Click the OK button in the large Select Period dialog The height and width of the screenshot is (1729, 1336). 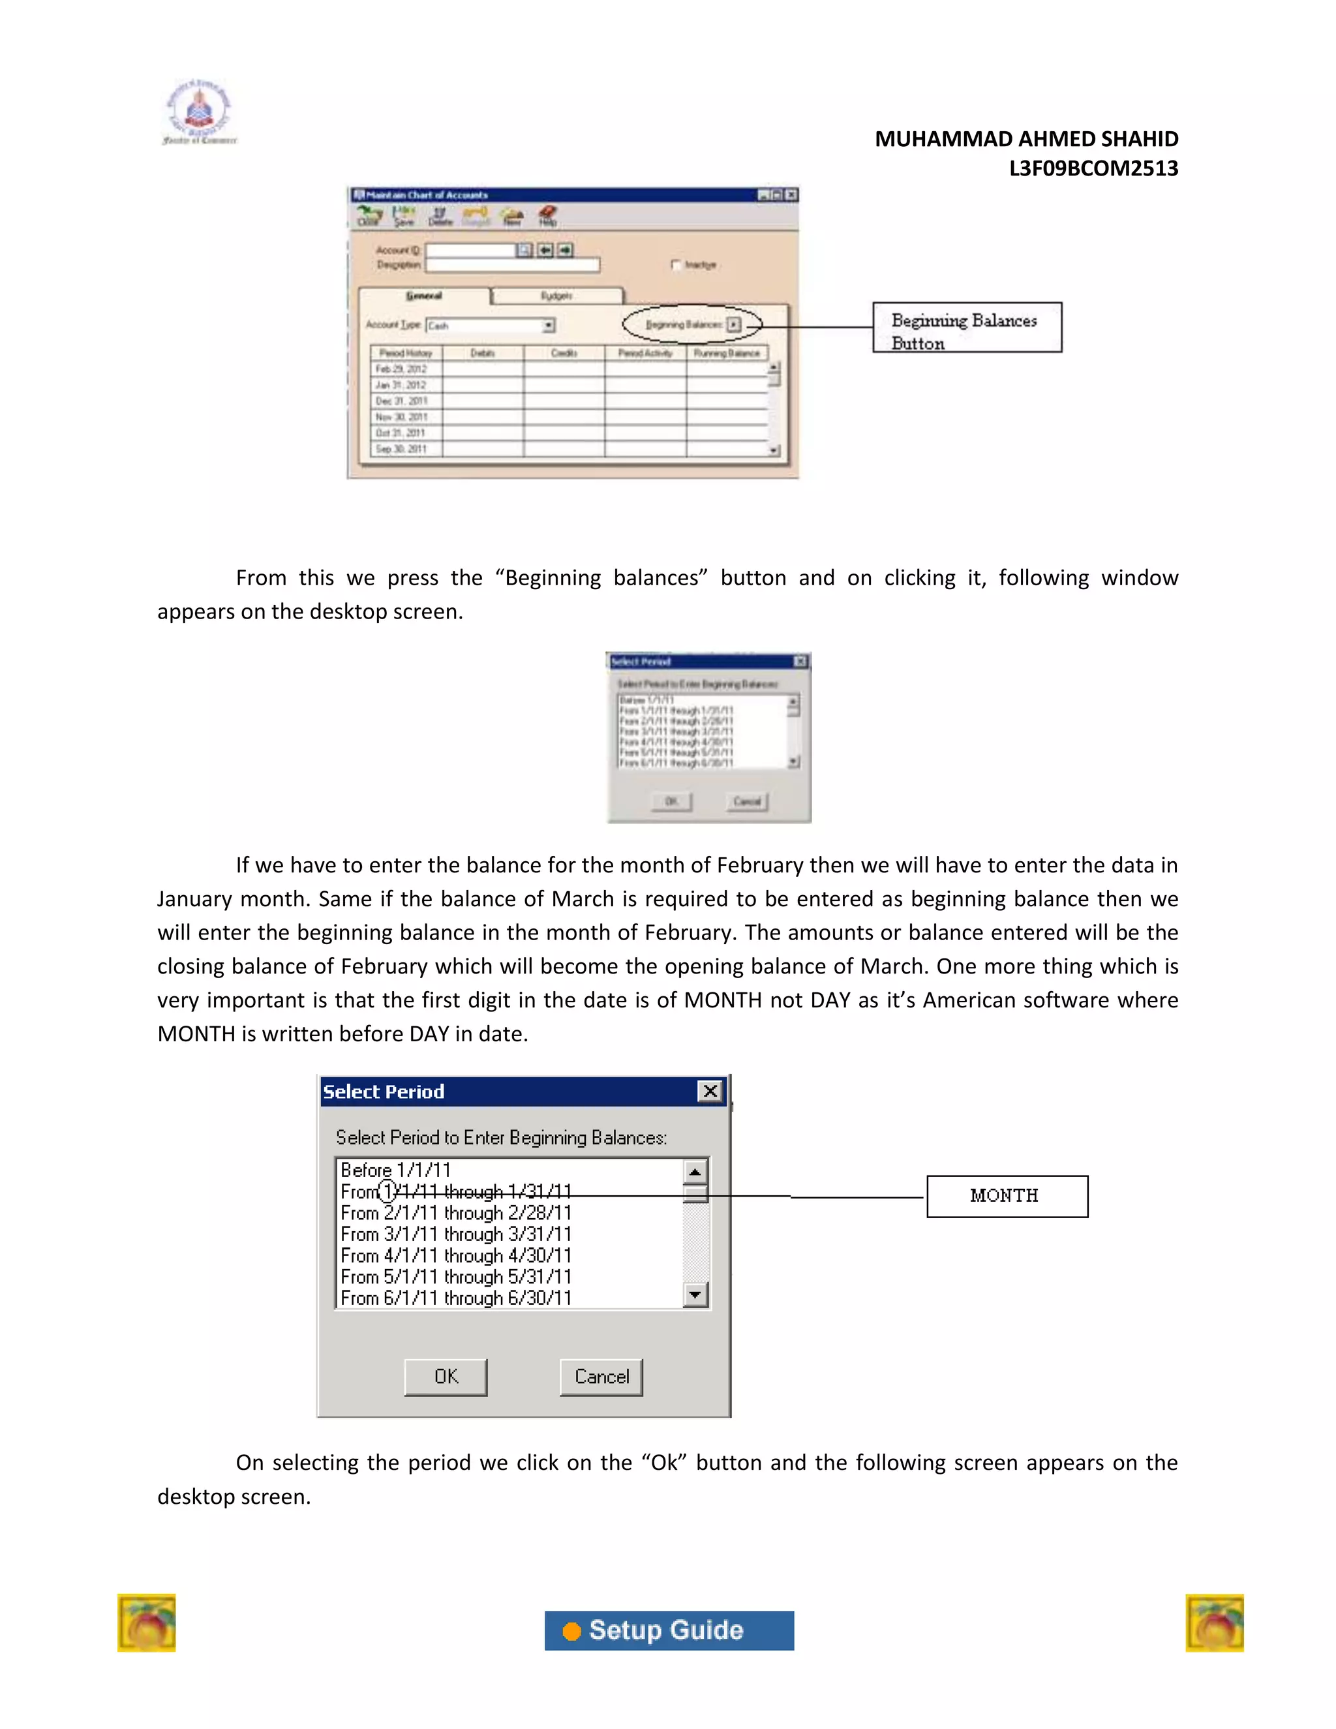coord(446,1377)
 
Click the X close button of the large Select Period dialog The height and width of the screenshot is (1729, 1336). coord(710,1092)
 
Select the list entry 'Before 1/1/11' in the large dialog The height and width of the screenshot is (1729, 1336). coord(396,1170)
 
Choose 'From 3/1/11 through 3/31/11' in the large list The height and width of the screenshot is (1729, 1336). coord(456,1234)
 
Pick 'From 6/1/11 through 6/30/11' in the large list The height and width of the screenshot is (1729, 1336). coord(456,1298)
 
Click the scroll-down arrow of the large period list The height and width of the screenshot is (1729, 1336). coord(695,1295)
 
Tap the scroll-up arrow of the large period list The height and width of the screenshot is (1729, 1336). coord(695,1172)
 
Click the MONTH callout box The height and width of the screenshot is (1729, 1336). coord(1007,1196)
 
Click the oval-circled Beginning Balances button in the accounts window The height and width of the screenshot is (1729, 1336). coord(734,324)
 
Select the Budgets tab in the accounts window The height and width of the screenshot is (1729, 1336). coord(556,296)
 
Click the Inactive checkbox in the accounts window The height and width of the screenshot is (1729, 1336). coord(675,265)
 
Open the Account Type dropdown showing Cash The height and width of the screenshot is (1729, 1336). coord(548,326)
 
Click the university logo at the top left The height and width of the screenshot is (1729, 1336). coord(200,112)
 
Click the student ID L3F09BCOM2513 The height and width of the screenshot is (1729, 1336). coord(1093,168)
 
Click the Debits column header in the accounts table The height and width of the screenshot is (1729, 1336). coord(483,353)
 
